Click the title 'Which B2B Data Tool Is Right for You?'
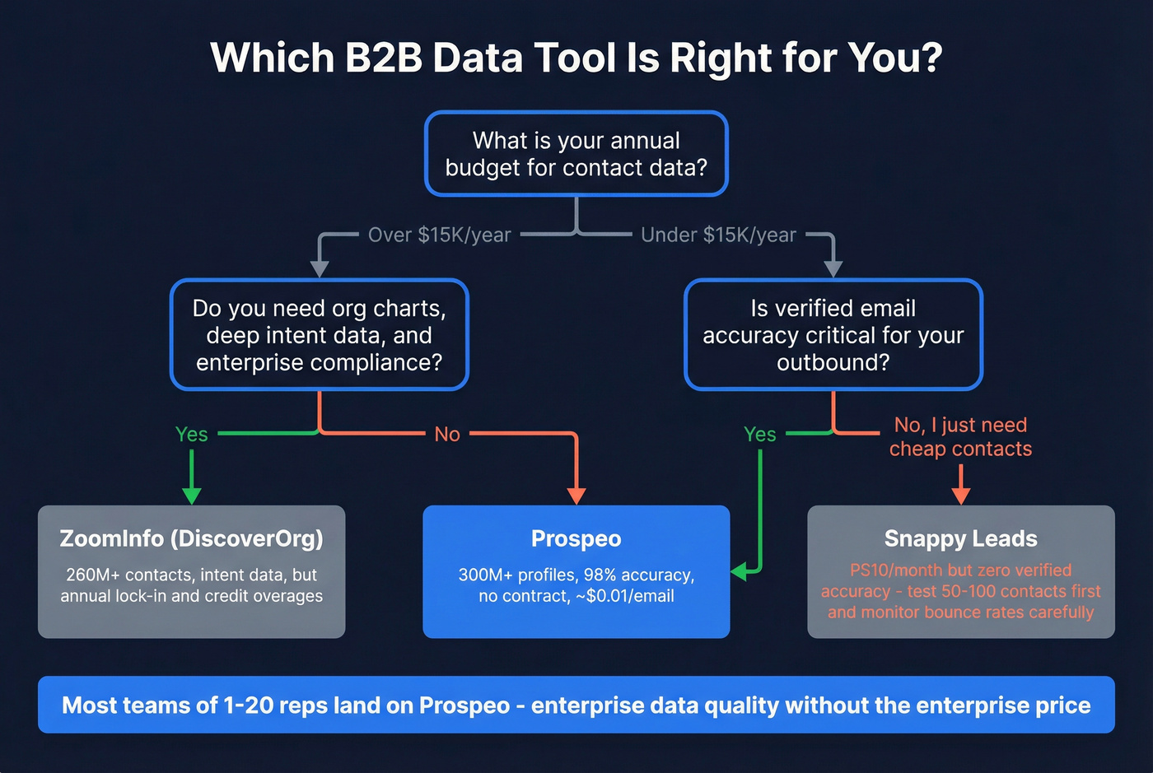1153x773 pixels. (x=576, y=58)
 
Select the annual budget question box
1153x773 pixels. (x=576, y=154)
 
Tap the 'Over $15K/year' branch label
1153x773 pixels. (x=439, y=235)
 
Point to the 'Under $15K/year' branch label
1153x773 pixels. (x=718, y=235)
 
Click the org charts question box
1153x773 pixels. (x=320, y=335)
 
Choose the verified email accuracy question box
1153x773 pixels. (x=833, y=335)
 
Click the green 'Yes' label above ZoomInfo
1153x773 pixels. (x=191, y=434)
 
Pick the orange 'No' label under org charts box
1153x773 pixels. (x=447, y=434)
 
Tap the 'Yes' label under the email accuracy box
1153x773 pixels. (x=759, y=434)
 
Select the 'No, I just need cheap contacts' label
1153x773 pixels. (x=960, y=436)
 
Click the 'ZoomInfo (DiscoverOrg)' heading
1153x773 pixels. (x=191, y=538)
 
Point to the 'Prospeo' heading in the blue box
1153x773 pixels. (x=576, y=538)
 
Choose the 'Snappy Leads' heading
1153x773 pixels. (x=960, y=538)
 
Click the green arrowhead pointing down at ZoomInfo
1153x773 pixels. (x=191, y=495)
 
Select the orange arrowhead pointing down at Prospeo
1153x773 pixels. (x=576, y=495)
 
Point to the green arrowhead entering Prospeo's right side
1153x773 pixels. (x=739, y=570)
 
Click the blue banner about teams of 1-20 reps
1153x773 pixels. (x=576, y=705)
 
